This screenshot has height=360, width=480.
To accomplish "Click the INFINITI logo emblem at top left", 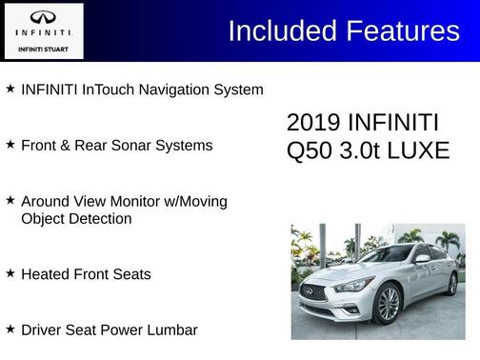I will pyautogui.click(x=43, y=18).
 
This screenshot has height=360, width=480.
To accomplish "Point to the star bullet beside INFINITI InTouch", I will pyautogui.click(x=10, y=89).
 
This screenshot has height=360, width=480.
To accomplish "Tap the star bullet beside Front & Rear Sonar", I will pyautogui.click(x=10, y=145).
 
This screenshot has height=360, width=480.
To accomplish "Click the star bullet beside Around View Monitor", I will pyautogui.click(x=10, y=201).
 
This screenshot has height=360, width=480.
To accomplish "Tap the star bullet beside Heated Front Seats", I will pyautogui.click(x=10, y=273).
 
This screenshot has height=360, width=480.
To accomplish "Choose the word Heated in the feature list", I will pyautogui.click(x=46, y=274).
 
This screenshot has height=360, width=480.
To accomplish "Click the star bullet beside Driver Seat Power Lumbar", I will pyautogui.click(x=10, y=329).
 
